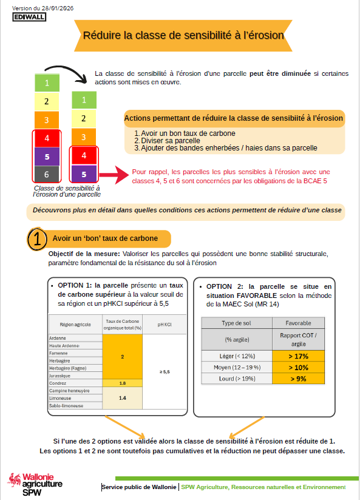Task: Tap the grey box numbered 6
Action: [46, 175]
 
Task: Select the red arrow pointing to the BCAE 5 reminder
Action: [112, 176]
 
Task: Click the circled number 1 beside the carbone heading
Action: [38, 238]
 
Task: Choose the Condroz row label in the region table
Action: [58, 383]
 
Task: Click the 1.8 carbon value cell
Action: [122, 383]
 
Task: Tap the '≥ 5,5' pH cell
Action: [164, 372]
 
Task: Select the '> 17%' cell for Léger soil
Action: [298, 356]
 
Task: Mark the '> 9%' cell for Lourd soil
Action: [298, 379]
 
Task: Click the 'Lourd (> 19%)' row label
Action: [236, 379]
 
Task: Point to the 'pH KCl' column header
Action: [164, 325]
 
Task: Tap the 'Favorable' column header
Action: [298, 323]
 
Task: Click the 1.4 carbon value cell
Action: [122, 398]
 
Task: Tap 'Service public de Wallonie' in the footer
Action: [139, 487]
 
